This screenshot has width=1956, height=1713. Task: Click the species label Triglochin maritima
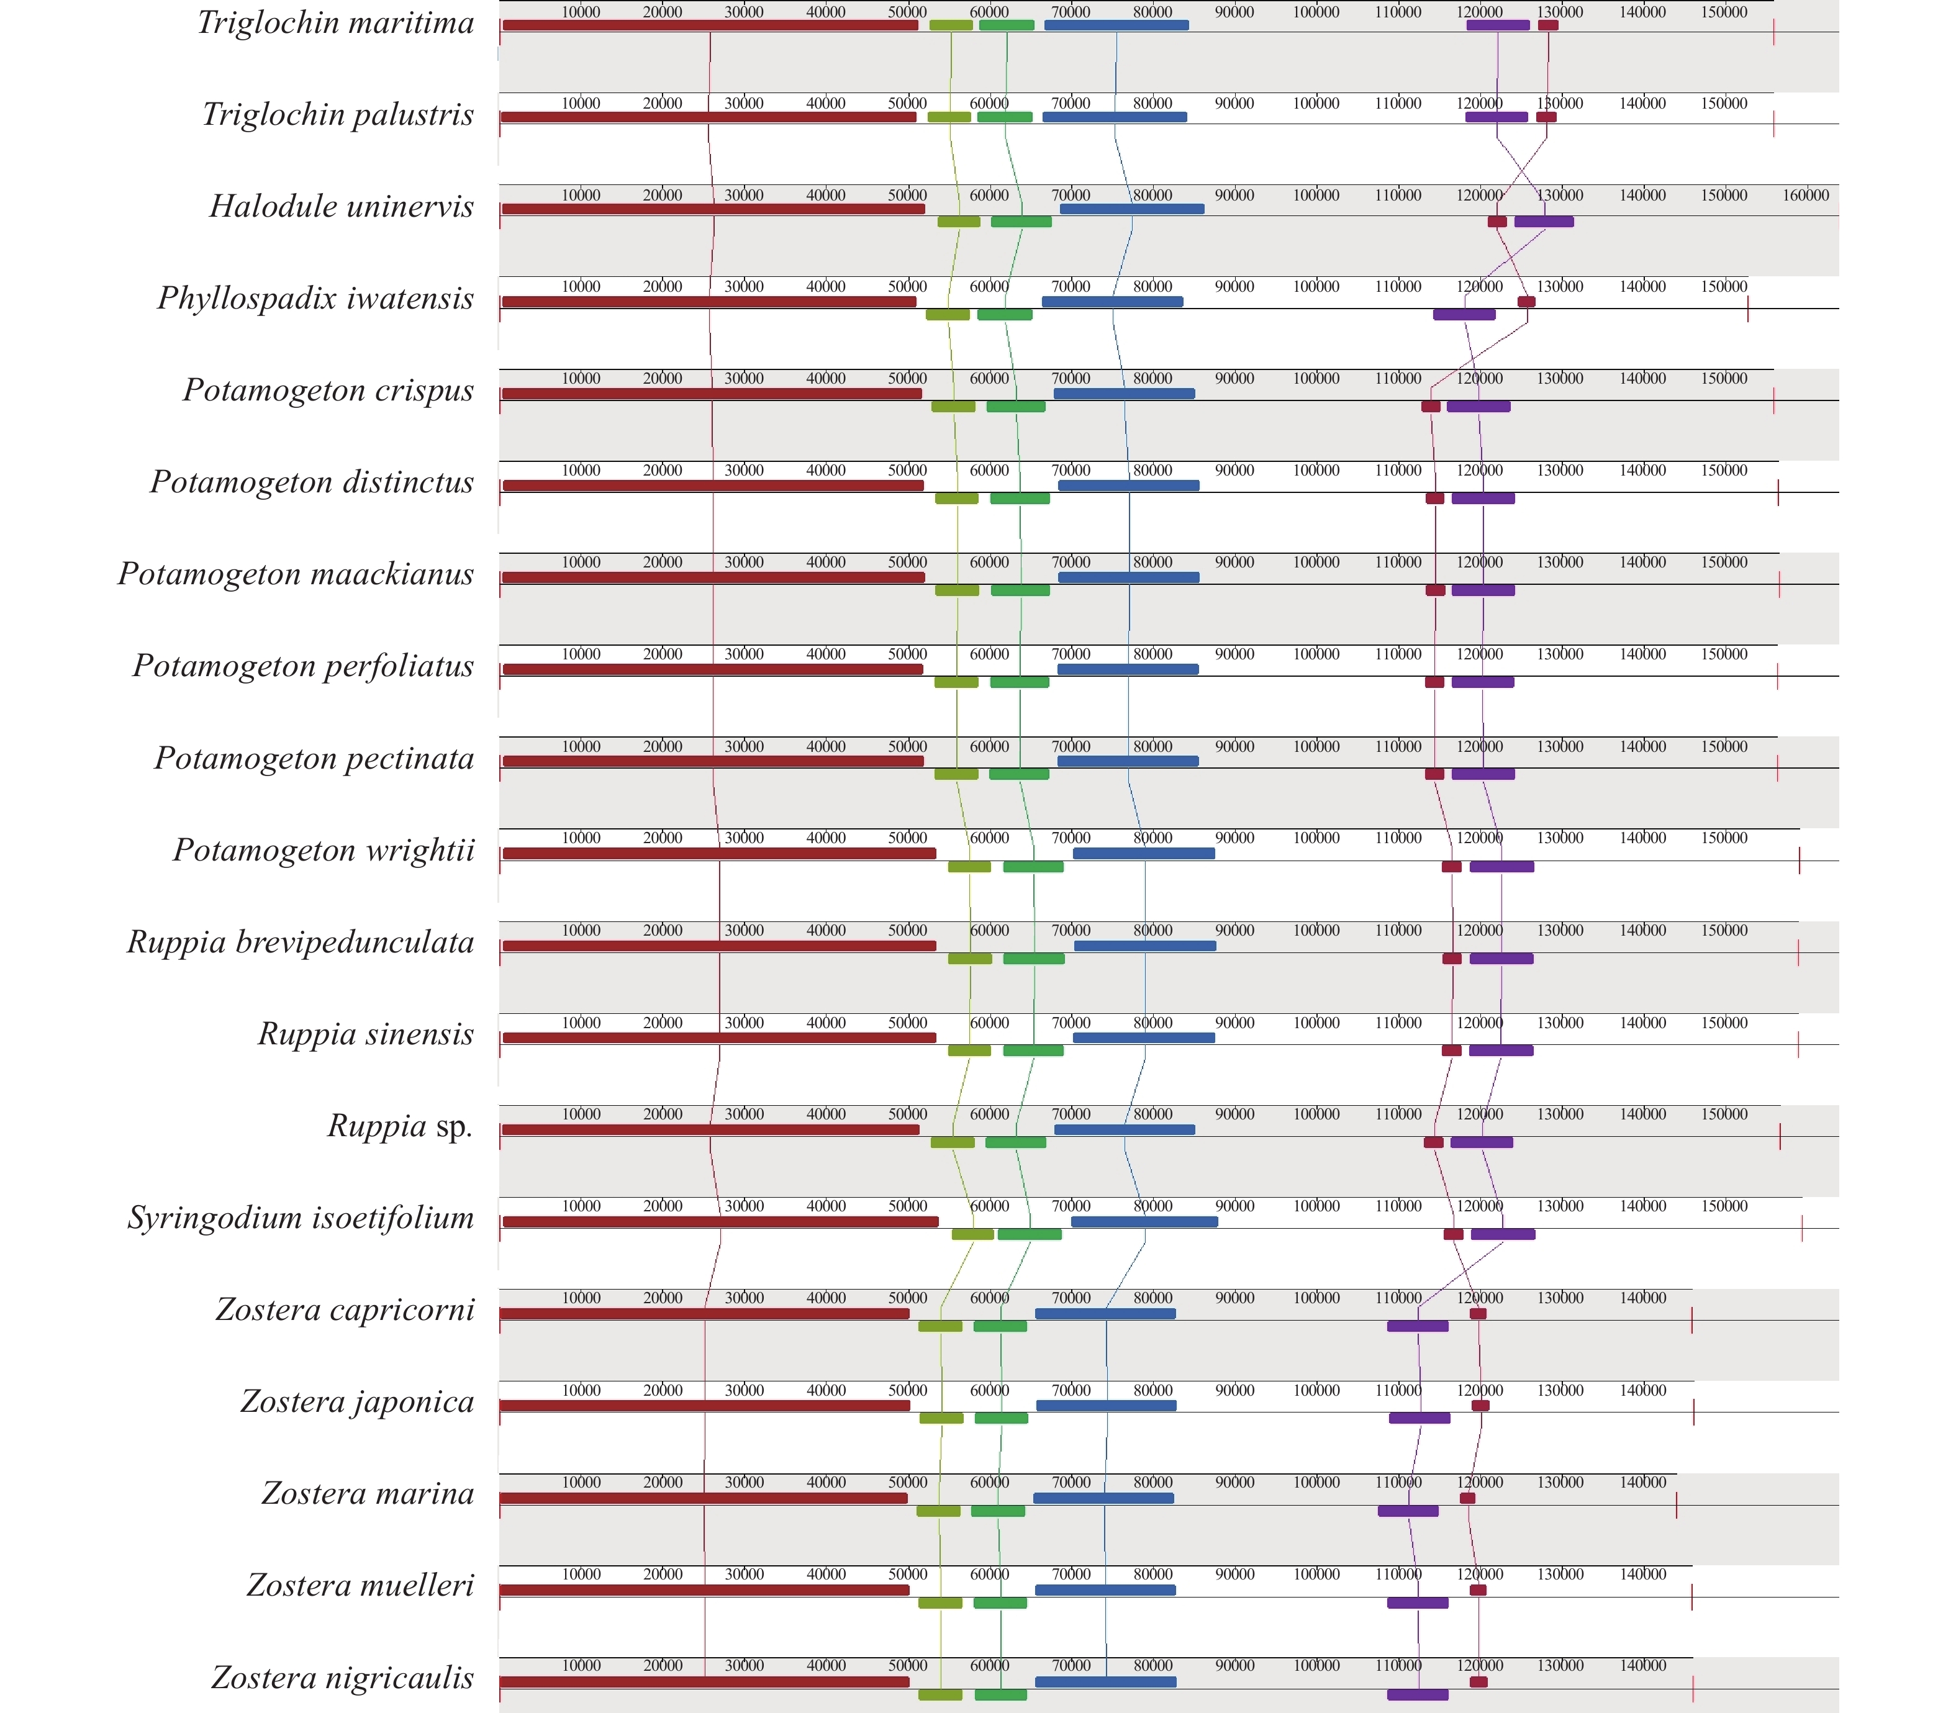[x=335, y=23]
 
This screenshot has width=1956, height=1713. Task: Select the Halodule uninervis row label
[x=342, y=207]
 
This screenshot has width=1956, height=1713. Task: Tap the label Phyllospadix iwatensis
[x=315, y=298]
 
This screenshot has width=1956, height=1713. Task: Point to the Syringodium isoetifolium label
[x=301, y=1218]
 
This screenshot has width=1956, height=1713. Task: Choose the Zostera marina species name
[x=368, y=1493]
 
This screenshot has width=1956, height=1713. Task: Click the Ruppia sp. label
[x=401, y=1126]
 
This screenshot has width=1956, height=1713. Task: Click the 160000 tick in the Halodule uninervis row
[x=1805, y=195]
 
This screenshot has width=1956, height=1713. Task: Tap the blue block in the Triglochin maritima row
[x=1116, y=25]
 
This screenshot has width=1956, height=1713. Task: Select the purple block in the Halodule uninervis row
[x=1543, y=222]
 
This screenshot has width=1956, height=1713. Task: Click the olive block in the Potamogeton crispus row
[x=953, y=406]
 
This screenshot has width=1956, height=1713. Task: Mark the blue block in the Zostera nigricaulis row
[x=1105, y=1681]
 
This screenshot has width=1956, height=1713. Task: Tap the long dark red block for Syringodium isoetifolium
[x=720, y=1222]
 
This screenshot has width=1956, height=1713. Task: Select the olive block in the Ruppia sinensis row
[x=969, y=1051]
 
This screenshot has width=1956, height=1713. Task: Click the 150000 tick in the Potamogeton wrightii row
[x=1724, y=838]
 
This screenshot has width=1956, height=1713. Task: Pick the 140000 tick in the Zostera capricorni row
[x=1642, y=1298]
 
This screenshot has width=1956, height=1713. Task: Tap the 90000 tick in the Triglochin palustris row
[x=1234, y=103]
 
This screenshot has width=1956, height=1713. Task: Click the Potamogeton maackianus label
[x=296, y=574]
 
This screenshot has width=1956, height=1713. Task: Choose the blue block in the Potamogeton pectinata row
[x=1128, y=761]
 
